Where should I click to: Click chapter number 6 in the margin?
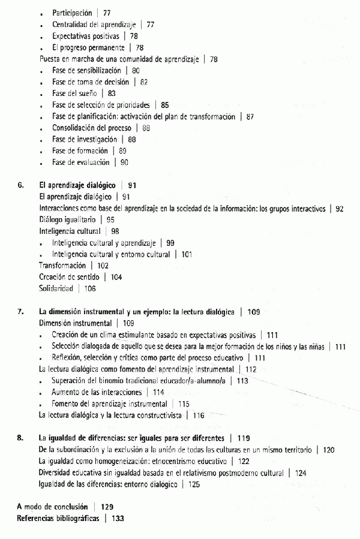pyautogui.click(x=20, y=185)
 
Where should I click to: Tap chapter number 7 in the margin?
pyautogui.click(x=20, y=311)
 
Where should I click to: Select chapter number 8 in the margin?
pyautogui.click(x=20, y=438)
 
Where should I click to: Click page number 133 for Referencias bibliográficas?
pyautogui.click(x=118, y=518)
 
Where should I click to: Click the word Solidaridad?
pyautogui.click(x=56, y=288)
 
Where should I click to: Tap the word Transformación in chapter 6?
pyautogui.click(x=62, y=265)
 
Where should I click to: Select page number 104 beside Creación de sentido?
pyautogui.click(x=116, y=277)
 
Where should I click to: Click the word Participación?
pyautogui.click(x=72, y=13)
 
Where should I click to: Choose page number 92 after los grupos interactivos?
pyautogui.click(x=340, y=208)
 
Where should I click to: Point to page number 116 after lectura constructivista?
pyautogui.click(x=199, y=414)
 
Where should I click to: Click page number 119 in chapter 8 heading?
pyautogui.click(x=244, y=438)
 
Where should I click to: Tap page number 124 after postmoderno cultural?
pyautogui.click(x=301, y=472)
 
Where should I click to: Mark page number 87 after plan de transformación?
pyautogui.click(x=251, y=116)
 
